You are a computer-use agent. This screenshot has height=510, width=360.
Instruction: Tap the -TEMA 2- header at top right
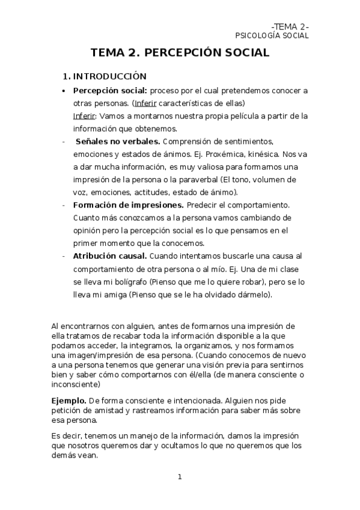pyautogui.click(x=290, y=26)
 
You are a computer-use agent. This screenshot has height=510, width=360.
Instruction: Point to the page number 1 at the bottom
pyautogui.click(x=179, y=477)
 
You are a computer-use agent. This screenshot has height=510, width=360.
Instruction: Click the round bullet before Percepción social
pyautogui.click(x=64, y=91)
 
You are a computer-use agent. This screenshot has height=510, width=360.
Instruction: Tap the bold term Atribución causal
pyautogui.click(x=109, y=256)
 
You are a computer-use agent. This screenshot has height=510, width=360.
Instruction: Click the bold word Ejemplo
pyautogui.click(x=69, y=400)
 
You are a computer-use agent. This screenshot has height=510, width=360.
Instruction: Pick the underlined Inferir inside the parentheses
pyautogui.click(x=145, y=103)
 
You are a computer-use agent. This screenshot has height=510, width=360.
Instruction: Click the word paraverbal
pyautogui.click(x=197, y=180)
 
